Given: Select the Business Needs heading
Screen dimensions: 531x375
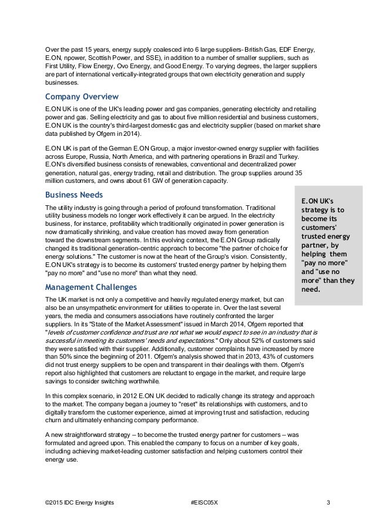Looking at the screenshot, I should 73,195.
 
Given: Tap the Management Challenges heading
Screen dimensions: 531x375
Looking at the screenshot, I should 91,288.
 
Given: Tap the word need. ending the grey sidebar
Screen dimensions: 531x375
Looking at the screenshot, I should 311,289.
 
